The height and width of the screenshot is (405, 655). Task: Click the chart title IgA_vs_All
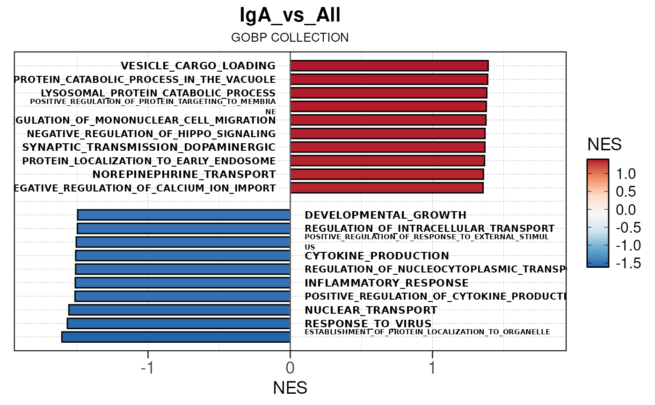tap(290, 15)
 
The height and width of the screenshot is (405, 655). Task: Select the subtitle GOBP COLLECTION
tap(290, 37)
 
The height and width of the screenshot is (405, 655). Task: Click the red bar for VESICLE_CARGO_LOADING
tap(389, 66)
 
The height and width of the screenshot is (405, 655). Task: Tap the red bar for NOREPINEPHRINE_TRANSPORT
tap(386, 175)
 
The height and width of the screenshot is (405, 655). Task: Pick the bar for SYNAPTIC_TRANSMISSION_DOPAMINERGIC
tap(387, 147)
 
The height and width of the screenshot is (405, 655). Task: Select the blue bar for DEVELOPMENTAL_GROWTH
tap(184, 215)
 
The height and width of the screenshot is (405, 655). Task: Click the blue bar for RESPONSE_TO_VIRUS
tap(179, 324)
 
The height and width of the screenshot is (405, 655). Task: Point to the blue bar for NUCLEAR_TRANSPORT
tap(180, 310)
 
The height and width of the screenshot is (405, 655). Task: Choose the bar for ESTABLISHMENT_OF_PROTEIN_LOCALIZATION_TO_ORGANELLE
tap(176, 337)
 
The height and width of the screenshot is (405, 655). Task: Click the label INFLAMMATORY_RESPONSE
tap(386, 283)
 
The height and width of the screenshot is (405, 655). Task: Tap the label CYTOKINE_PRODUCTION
tap(377, 256)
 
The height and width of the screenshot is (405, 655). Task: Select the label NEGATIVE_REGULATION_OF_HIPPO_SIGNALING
tap(151, 134)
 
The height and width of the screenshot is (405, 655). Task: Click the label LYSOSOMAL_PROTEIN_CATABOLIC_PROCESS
tap(158, 93)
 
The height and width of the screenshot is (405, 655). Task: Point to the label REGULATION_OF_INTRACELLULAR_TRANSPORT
tap(429, 228)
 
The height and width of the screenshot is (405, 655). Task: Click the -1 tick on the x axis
tap(147, 368)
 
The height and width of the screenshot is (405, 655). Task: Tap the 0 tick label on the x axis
tap(290, 368)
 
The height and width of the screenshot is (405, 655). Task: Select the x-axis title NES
tap(290, 388)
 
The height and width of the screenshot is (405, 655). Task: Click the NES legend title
tap(604, 145)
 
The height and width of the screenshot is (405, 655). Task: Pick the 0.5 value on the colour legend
tap(626, 191)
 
